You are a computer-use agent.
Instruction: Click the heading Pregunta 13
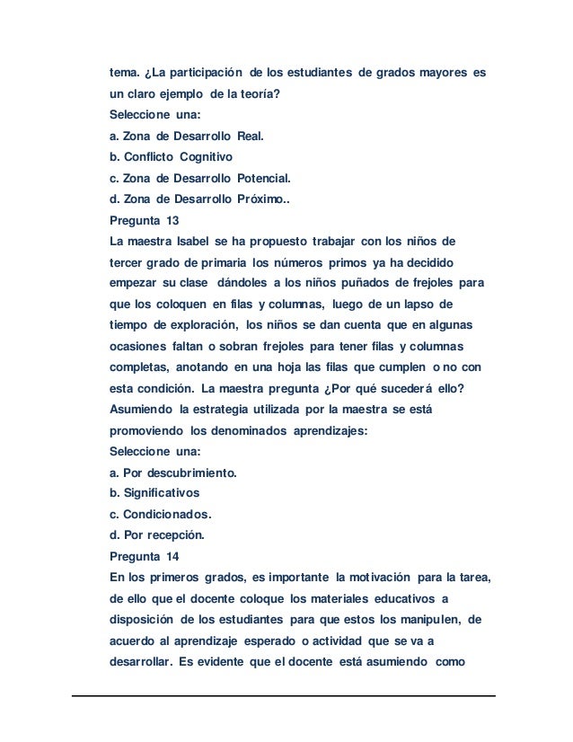click(144, 218)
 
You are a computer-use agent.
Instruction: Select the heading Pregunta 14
click(144, 556)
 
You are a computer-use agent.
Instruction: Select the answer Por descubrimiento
click(172, 473)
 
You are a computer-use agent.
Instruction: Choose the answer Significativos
click(154, 493)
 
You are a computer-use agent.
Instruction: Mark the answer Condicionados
click(161, 515)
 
